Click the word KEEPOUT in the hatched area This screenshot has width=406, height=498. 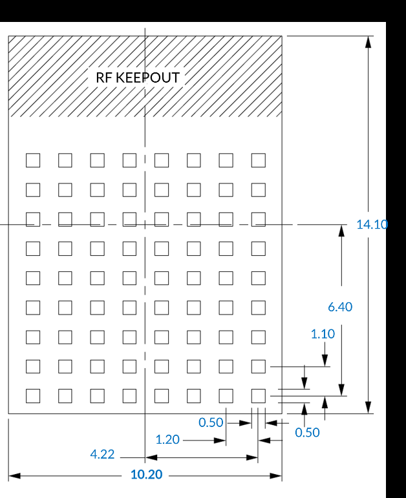tap(148, 78)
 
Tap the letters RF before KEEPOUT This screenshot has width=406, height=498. tap(104, 78)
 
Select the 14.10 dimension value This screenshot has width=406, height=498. tap(372, 225)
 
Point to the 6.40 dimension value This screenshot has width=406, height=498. tap(340, 307)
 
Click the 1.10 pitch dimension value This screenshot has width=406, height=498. tap(323, 334)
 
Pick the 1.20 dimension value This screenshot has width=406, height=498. tap(167, 440)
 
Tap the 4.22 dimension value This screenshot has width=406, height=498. tap(102, 454)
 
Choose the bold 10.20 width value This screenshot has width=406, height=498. tap(147, 475)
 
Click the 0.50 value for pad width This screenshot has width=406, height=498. tap(211, 422)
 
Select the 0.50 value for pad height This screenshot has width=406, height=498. tap(307, 433)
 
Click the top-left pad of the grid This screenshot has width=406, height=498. tap(33, 160)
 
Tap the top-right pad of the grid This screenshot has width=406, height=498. tap(259, 160)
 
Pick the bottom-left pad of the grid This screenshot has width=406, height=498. tap(33, 396)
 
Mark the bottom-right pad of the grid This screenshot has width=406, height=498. tap(259, 396)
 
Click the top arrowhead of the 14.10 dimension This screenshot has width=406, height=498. tap(368, 42)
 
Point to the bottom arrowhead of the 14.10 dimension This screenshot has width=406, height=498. tap(368, 408)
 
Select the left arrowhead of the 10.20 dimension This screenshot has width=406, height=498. tap(14, 476)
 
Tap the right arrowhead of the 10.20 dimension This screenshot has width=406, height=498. tap(275, 476)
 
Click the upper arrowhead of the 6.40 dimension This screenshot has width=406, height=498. tap(341, 231)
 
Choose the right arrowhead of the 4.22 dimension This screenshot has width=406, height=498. tap(251, 458)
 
